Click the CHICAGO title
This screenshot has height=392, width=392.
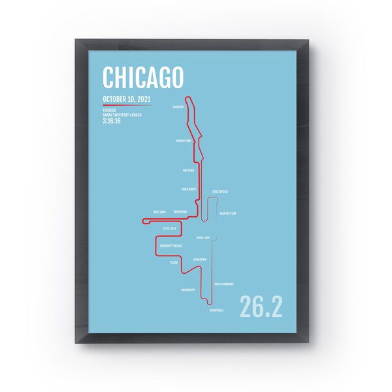142,78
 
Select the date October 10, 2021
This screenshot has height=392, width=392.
125,99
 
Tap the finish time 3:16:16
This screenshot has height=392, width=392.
112,120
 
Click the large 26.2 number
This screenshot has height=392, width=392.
261,306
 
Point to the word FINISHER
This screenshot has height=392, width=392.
109,109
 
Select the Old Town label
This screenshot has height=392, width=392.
189,169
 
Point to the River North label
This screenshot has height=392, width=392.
188,189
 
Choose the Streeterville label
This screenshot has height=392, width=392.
220,191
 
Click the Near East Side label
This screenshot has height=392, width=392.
227,213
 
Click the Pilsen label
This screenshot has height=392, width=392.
174,262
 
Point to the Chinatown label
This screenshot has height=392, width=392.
200,259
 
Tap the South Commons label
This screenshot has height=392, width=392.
225,284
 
